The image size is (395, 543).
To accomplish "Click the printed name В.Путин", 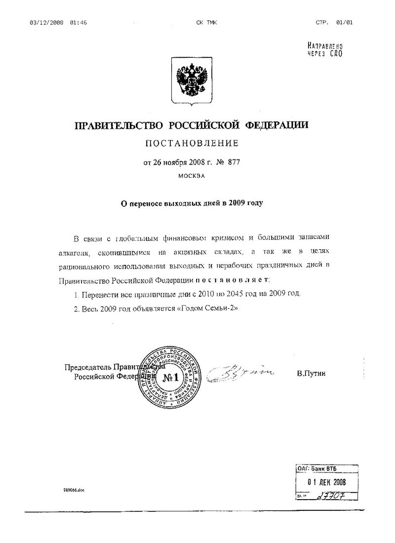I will [x=312, y=374].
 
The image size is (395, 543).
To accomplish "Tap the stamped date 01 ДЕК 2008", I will [x=324, y=482].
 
